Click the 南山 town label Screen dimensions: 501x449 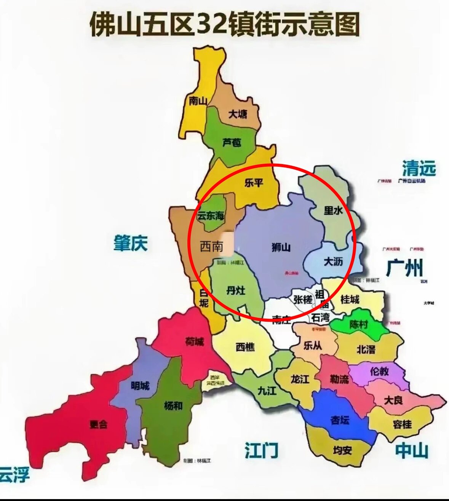pyautogui.click(x=198, y=101)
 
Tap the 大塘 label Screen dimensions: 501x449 pyautogui.click(x=238, y=113)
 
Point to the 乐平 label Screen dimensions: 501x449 pyautogui.click(x=254, y=183)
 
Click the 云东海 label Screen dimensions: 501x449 pyautogui.click(x=211, y=216)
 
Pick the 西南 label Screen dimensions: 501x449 pyautogui.click(x=211, y=246)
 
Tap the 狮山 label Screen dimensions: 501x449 pyautogui.click(x=281, y=247)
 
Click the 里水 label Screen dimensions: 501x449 pyautogui.click(x=333, y=210)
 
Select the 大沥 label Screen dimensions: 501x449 pyautogui.click(x=333, y=262)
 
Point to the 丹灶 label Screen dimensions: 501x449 pyautogui.click(x=236, y=291)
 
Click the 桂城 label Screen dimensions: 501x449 pyautogui.click(x=350, y=300)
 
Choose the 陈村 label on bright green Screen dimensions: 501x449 pyautogui.click(x=359, y=324)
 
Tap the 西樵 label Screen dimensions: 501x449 pyautogui.click(x=245, y=347)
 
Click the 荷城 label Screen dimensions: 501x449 pyautogui.click(x=194, y=341)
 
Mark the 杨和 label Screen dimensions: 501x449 pyautogui.click(x=173, y=406)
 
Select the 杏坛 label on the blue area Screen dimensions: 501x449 pyautogui.click(x=340, y=420)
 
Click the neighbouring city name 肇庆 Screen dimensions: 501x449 pyautogui.click(x=131, y=243)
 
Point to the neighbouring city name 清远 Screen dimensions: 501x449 pyautogui.click(x=419, y=168)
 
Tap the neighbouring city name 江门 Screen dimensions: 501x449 pyautogui.click(x=261, y=451)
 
